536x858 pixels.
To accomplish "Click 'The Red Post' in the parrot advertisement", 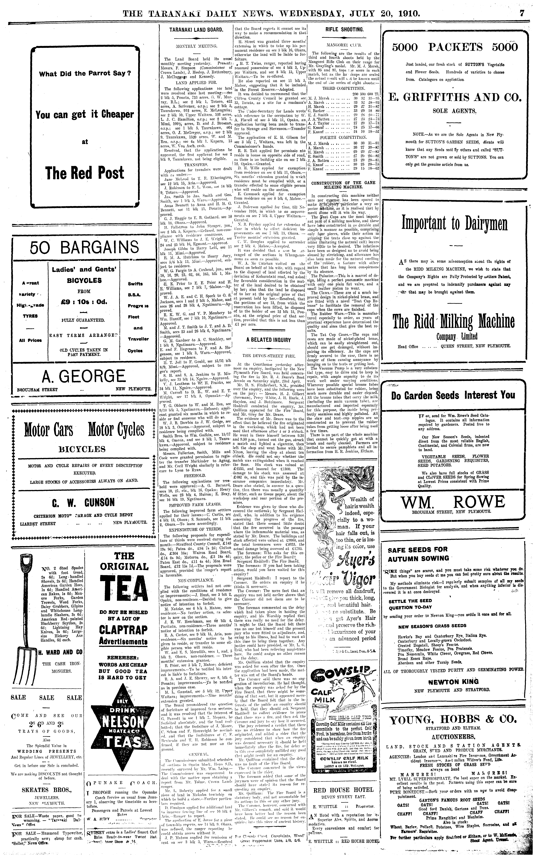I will [85, 173].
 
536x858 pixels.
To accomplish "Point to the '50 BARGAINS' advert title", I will [85, 247].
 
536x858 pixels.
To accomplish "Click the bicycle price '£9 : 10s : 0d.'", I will [85, 302].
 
